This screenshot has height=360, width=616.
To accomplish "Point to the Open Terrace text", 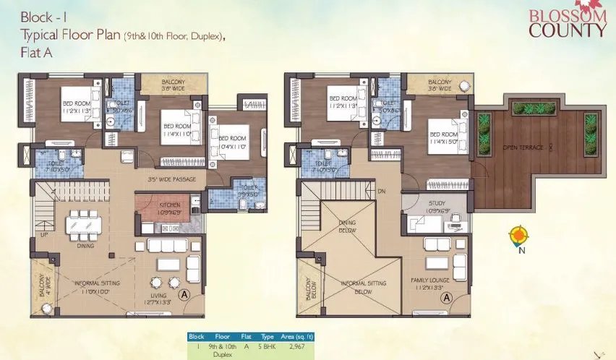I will pos(523,147).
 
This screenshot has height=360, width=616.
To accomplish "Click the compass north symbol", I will pos(518,236).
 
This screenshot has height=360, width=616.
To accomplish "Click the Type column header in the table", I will pos(268,337).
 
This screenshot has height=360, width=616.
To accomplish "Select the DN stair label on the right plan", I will pos(382,191).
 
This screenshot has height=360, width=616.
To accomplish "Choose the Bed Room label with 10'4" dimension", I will pos(233,142).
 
